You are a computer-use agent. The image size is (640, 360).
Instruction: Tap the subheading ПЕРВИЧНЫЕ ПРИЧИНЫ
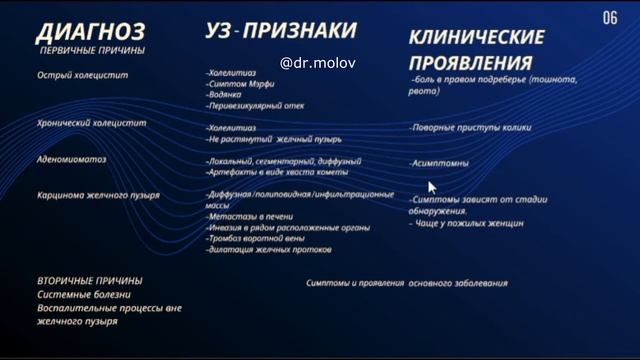tap(91, 50)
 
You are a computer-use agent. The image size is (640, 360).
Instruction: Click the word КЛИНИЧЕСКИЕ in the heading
tap(476, 38)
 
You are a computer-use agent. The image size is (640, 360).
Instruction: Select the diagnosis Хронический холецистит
tap(91, 123)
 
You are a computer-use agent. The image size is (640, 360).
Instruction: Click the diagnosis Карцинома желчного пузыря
tap(98, 195)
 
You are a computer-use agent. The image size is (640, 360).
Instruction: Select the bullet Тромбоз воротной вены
tap(255, 239)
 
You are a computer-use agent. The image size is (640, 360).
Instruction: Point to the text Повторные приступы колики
tap(470, 128)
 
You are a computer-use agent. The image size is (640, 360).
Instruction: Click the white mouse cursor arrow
tap(432, 187)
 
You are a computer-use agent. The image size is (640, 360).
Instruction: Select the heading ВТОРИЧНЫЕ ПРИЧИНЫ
tap(90, 281)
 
